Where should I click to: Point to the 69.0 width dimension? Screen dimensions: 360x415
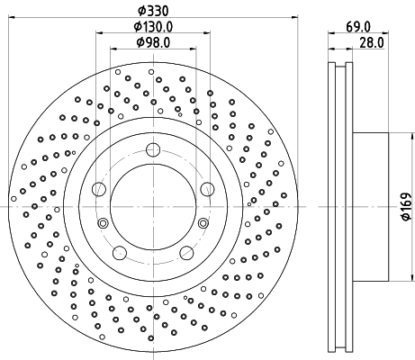click(x=354, y=27)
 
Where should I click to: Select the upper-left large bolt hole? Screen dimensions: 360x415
click(x=100, y=188)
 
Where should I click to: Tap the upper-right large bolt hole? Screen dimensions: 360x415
click(x=207, y=188)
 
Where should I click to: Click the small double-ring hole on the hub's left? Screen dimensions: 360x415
click(x=104, y=224)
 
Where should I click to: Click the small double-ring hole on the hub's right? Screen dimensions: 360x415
click(x=203, y=224)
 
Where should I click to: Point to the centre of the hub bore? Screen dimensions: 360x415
click(x=153, y=206)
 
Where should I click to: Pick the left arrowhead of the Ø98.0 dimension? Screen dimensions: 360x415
click(x=113, y=51)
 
